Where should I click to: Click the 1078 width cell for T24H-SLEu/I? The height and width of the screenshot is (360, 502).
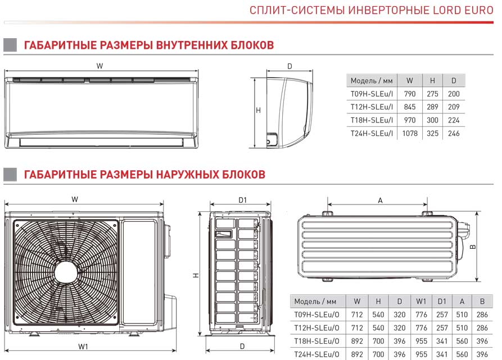409,134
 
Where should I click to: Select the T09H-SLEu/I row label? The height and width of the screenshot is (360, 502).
372,94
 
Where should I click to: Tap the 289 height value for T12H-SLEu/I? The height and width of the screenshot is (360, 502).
432,107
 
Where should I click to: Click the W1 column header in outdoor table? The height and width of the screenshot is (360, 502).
421,301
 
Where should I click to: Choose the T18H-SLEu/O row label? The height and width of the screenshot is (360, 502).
316,341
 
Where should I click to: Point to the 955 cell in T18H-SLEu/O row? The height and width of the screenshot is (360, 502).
421,341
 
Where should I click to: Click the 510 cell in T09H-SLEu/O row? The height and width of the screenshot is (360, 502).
462,315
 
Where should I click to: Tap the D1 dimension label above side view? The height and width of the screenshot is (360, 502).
243,199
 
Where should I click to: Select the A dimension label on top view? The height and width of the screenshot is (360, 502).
380,200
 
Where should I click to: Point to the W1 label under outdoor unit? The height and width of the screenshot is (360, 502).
84,347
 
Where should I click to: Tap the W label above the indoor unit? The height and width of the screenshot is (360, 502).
100,66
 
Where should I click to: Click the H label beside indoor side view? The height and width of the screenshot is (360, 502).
258,111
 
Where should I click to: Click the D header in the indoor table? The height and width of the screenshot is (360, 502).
453,80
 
